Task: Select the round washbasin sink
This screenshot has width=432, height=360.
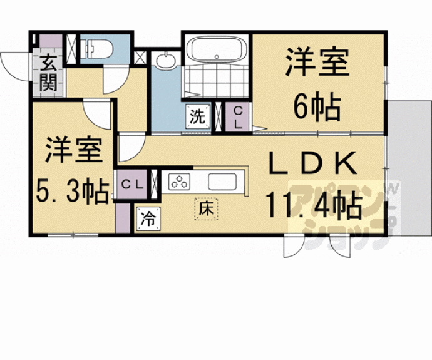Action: coord(165,60)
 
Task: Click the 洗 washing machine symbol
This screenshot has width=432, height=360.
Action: coord(198,116)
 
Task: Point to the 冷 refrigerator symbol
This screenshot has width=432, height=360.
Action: coord(148,219)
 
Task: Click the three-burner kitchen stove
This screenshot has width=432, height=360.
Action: coord(180,182)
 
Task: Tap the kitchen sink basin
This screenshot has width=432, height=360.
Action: coord(222,182)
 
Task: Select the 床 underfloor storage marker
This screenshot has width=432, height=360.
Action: coord(206,208)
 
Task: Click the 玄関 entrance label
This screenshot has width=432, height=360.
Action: coord(48,73)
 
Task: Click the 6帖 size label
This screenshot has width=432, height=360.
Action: coord(317,108)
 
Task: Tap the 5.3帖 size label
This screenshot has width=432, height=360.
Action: coord(72,190)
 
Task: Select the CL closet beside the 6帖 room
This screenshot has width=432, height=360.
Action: coord(238,118)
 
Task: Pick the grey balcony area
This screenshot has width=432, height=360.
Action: coord(409,168)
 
